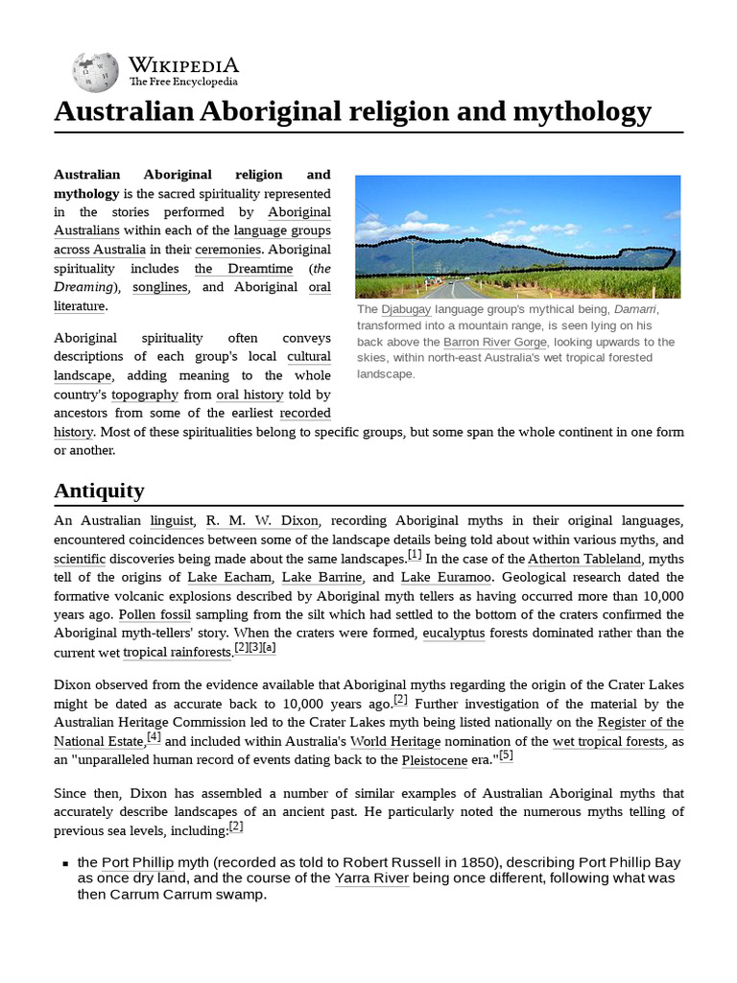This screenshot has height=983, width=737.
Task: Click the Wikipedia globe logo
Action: tap(94, 71)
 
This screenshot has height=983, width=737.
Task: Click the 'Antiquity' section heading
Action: tap(99, 491)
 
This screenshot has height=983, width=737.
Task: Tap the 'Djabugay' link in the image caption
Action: tap(406, 310)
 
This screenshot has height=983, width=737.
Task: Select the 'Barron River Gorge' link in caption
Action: tap(495, 342)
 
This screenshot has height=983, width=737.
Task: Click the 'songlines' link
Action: tap(160, 287)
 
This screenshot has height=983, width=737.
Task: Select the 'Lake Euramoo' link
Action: tap(446, 577)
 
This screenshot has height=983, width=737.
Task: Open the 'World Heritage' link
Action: tap(395, 741)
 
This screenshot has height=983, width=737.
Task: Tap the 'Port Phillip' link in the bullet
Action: tap(138, 862)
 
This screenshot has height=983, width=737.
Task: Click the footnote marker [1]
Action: tap(415, 554)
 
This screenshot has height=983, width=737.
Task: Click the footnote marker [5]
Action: tap(506, 755)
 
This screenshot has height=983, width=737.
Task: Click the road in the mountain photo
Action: tap(461, 289)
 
